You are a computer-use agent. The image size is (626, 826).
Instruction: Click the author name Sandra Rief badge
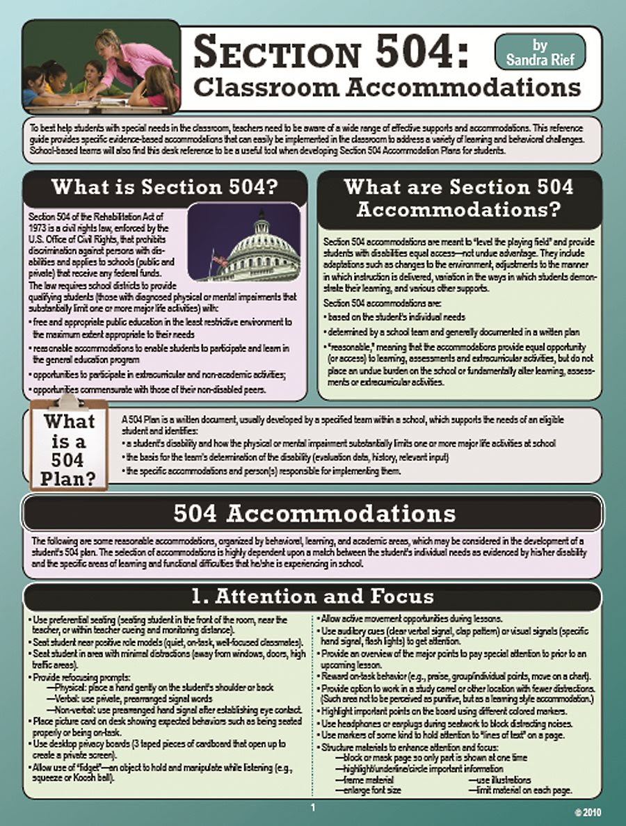click(x=540, y=52)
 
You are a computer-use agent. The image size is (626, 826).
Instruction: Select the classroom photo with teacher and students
click(x=101, y=67)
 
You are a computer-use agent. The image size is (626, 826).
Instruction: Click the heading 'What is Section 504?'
click(x=165, y=188)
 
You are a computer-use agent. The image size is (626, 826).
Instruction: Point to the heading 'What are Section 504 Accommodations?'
click(x=459, y=197)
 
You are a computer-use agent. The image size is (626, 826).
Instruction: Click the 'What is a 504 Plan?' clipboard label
click(x=68, y=449)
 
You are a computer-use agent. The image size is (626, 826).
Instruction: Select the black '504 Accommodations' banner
click(x=313, y=514)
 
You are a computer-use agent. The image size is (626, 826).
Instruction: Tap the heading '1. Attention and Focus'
click(x=313, y=597)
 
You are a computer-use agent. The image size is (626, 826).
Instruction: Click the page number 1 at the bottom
click(x=313, y=807)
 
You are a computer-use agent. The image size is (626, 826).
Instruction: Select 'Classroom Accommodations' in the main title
click(x=386, y=88)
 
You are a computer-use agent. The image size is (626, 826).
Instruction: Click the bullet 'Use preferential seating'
click(x=70, y=618)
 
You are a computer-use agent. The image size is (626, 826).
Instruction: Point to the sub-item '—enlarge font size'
click(x=369, y=790)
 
